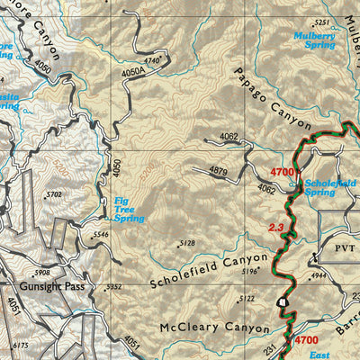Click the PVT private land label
point(335,243)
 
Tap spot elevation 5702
point(54,193)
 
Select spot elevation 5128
point(187,243)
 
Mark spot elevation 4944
point(319,274)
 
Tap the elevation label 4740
point(153,59)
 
